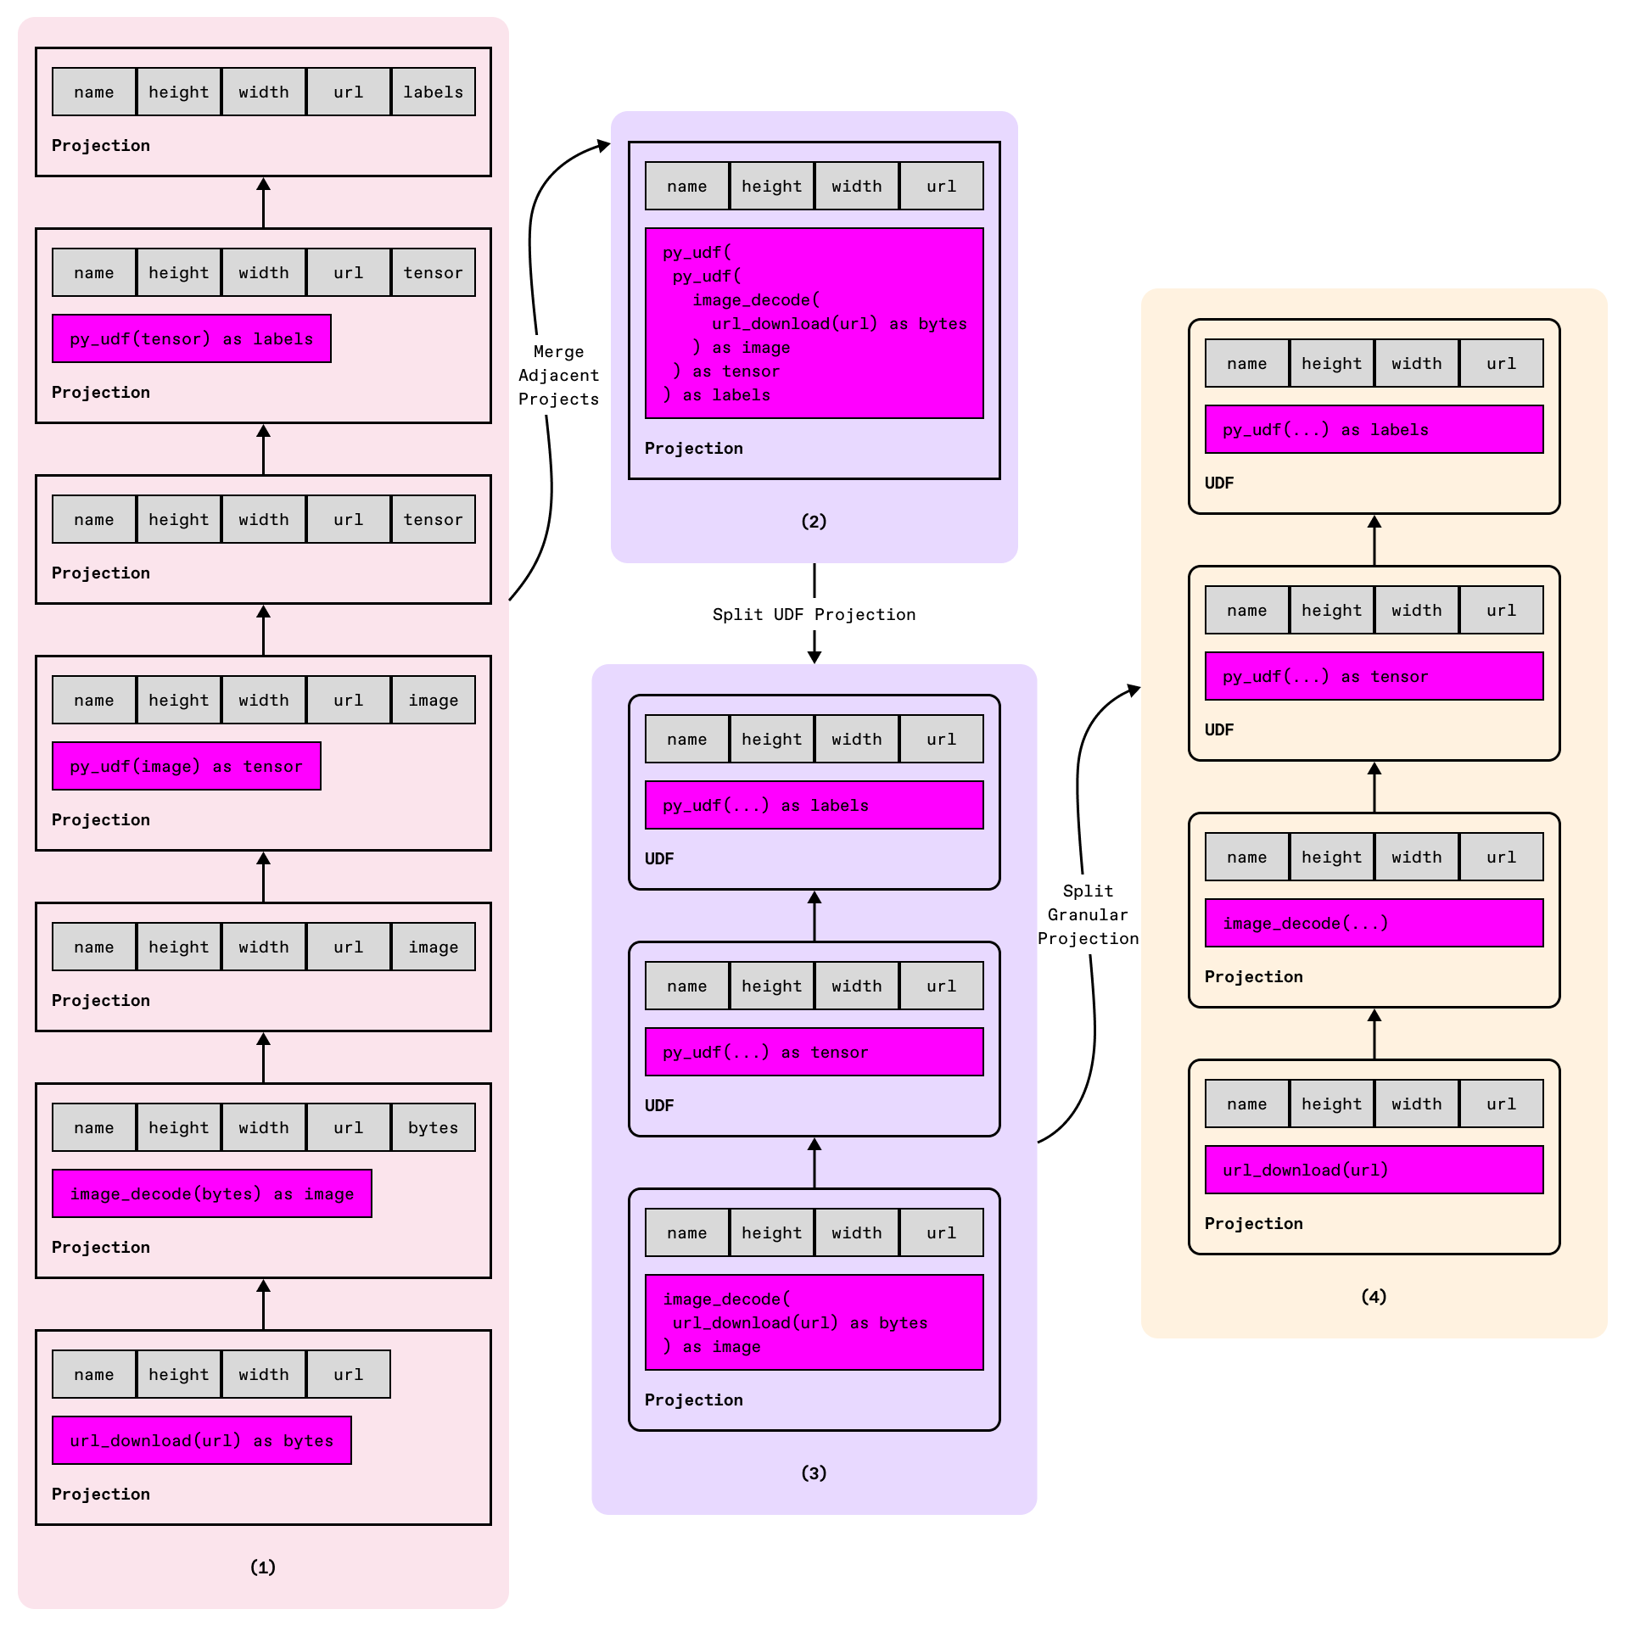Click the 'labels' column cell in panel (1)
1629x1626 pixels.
point(433,92)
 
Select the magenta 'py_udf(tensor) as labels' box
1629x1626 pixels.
point(191,338)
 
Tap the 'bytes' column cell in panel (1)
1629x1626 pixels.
point(433,1127)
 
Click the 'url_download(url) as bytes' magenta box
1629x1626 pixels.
point(201,1440)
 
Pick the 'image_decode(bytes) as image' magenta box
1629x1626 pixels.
point(211,1193)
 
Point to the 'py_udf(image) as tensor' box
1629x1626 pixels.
point(186,766)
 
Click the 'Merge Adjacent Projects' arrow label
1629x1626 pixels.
point(558,375)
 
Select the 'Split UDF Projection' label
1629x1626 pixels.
point(814,614)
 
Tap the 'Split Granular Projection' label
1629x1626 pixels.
point(1088,914)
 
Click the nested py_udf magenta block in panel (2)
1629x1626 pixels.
point(814,323)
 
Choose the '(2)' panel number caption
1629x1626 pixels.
point(814,521)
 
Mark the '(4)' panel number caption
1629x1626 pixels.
point(1373,1296)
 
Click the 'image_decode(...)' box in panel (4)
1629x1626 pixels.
point(1373,923)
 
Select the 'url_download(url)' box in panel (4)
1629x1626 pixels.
point(1373,1170)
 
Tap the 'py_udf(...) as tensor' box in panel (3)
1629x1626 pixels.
point(814,1052)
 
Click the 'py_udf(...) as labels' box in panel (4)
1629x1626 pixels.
point(1373,429)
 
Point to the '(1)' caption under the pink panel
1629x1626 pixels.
point(263,1567)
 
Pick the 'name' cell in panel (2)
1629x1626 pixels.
point(686,186)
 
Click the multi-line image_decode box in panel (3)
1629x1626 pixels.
point(814,1322)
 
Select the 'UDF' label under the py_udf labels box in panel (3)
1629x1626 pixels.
point(659,858)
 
